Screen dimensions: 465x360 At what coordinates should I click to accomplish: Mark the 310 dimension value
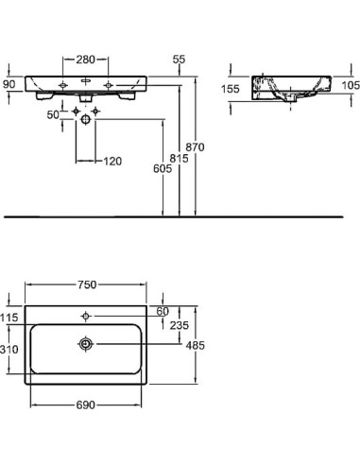point(9,350)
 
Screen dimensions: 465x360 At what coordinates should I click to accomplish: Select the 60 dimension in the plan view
point(162,311)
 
